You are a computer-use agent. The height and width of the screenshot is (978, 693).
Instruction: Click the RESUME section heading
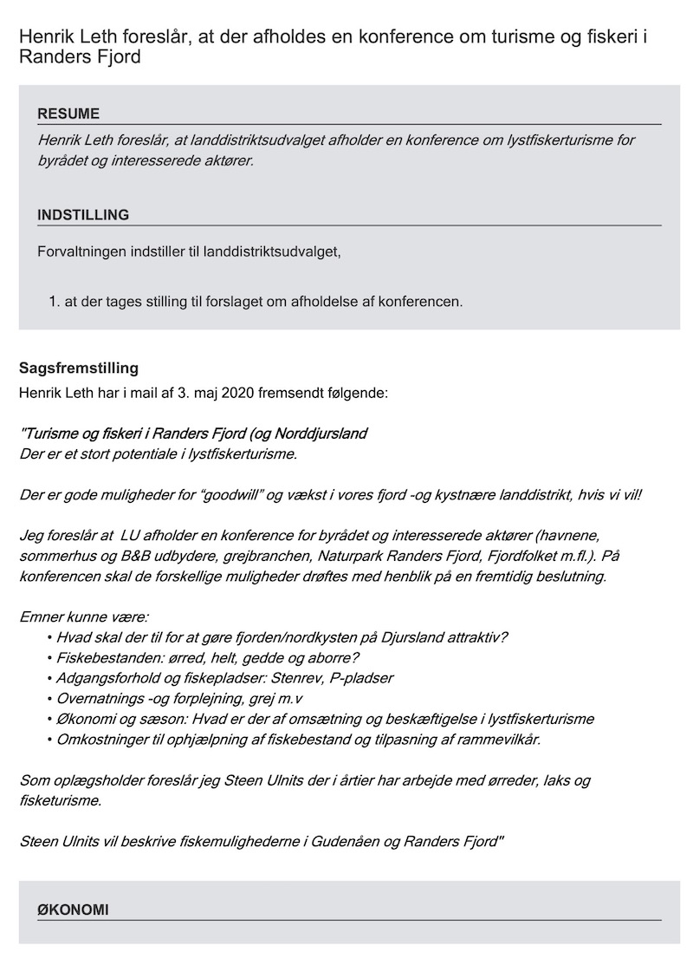68,114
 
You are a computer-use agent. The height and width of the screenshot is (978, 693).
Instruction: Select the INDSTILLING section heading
83,215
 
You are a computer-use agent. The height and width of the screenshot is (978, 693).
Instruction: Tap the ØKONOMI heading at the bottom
73,909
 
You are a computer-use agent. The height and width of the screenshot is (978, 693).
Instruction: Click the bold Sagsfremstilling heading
79,368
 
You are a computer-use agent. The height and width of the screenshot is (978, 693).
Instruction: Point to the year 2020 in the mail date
238,393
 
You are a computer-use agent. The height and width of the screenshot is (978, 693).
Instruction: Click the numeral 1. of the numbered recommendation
55,302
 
